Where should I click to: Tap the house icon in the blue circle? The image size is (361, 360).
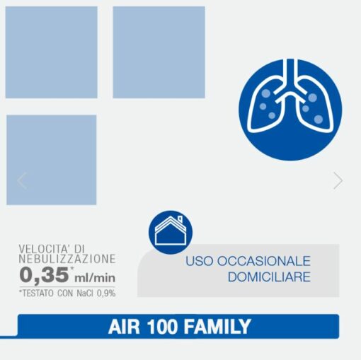pos(171,232)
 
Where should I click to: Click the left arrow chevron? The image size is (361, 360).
pos(22,180)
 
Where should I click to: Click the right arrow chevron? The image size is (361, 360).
pos(338,180)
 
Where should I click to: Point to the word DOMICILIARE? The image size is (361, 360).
pos(269,277)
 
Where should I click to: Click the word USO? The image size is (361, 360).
pos(198,261)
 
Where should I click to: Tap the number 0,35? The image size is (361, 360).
pos(43,274)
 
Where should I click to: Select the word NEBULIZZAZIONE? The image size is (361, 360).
pos(67,260)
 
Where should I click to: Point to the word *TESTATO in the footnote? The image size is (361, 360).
pos(37,292)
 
